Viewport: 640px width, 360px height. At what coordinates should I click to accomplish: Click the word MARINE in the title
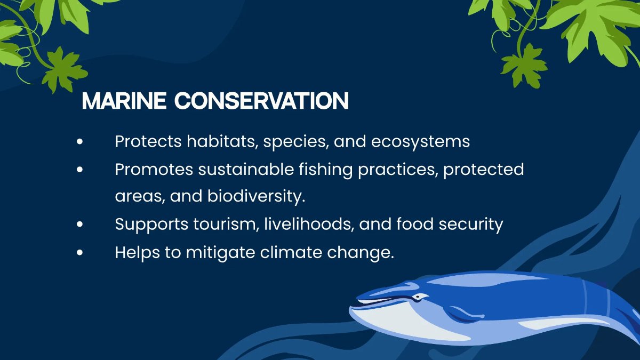point(124,101)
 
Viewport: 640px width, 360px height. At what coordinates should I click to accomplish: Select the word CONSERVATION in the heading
point(261,101)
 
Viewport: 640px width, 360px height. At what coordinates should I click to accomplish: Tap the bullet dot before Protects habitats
point(79,141)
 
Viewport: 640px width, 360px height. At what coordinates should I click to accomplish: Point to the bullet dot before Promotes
point(79,170)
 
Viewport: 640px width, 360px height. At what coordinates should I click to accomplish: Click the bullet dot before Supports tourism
point(79,225)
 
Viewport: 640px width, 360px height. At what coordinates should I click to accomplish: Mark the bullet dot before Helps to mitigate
point(79,253)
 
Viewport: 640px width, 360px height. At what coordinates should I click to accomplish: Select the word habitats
point(222,141)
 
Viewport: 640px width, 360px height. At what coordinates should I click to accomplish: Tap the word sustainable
point(246,169)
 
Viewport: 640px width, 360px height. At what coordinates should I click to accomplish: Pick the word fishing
point(326,170)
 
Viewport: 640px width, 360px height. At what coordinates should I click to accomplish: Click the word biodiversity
point(257,196)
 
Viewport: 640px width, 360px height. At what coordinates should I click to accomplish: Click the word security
point(471,225)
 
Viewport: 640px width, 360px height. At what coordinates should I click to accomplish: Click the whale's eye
point(418,297)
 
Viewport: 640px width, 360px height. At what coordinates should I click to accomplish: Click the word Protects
point(148,141)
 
